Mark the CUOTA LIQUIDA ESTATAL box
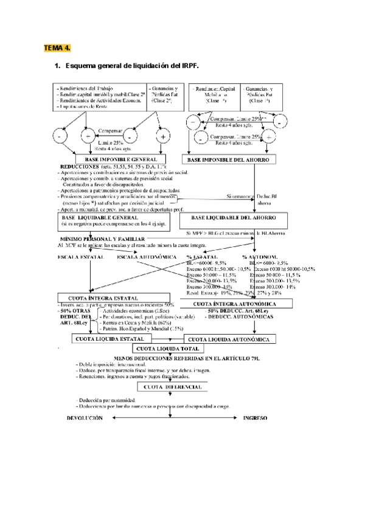[108, 338]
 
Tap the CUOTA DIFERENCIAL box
[173, 387]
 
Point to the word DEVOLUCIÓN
[89, 419]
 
